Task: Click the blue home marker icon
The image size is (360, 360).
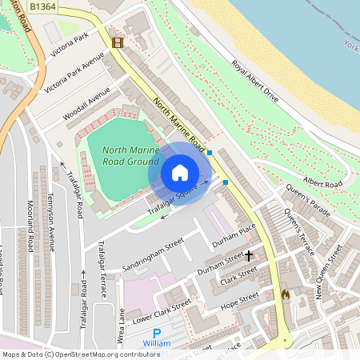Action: pyautogui.click(x=180, y=173)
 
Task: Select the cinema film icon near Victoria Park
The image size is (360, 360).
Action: pyautogui.click(x=118, y=42)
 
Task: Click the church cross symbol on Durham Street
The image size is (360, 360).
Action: pyautogui.click(x=249, y=256)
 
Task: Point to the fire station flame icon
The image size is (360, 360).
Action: pyautogui.click(x=284, y=294)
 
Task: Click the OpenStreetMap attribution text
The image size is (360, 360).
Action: pyautogui.click(x=80, y=354)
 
